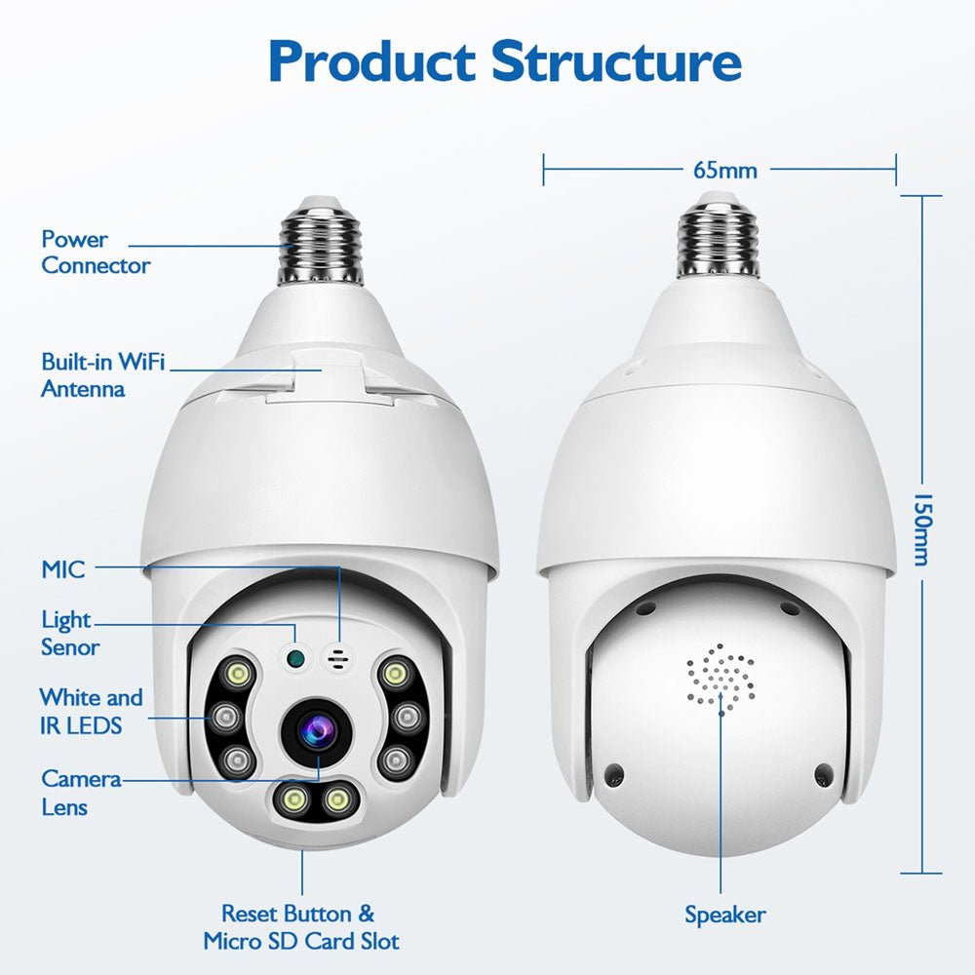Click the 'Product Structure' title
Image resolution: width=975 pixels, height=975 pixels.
[504, 60]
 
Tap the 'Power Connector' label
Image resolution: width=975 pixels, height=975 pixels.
[95, 253]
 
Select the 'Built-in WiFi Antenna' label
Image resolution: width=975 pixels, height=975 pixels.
[102, 375]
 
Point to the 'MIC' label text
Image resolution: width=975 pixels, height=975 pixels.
[63, 569]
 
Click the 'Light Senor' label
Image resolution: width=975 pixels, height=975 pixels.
[69, 633]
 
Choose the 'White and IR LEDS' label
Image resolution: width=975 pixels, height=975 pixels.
[90, 711]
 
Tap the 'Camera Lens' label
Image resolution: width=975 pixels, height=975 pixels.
[81, 793]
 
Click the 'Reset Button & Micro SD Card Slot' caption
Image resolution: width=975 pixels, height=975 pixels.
[300, 927]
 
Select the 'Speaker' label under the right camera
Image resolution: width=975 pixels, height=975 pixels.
[724, 915]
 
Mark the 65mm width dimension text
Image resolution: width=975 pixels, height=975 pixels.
[724, 170]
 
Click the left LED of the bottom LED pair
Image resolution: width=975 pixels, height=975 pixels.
[294, 799]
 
